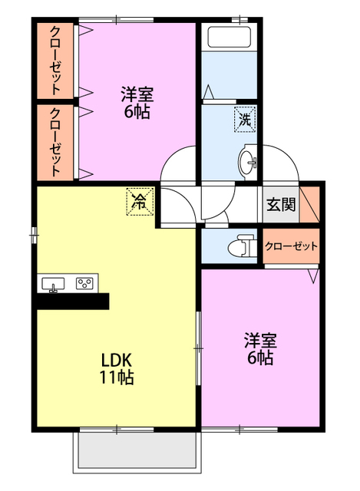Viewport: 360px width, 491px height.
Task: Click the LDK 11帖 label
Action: (x=117, y=368)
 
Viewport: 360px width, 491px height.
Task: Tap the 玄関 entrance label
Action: (x=281, y=205)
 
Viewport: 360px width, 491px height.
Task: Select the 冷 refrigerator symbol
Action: (x=140, y=201)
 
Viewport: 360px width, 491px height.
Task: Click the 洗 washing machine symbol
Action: (x=245, y=120)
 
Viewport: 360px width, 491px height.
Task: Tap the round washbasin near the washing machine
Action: (x=248, y=162)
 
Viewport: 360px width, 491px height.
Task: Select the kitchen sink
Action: (x=53, y=284)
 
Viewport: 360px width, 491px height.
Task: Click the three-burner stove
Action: (x=84, y=283)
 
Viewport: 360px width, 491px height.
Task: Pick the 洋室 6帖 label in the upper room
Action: (x=137, y=103)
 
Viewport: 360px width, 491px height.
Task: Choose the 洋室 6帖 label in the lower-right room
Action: (x=260, y=349)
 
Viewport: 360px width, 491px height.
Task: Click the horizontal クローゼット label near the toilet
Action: (x=291, y=246)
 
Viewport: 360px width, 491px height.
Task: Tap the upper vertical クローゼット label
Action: (x=55, y=61)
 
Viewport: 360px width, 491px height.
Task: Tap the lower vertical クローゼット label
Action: (x=55, y=142)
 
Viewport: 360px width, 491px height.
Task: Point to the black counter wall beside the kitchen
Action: (x=73, y=302)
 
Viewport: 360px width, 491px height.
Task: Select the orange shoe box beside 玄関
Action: (x=309, y=205)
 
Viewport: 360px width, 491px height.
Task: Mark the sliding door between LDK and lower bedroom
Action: (x=198, y=348)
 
